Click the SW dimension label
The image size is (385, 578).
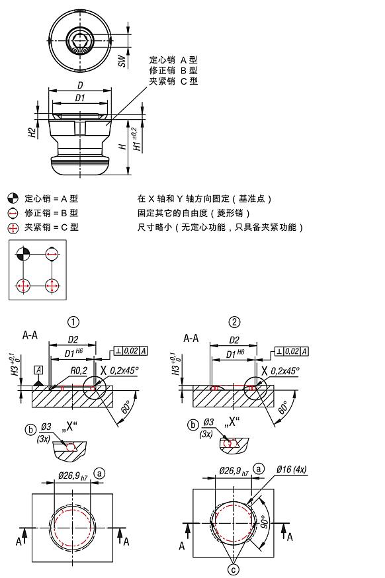122,62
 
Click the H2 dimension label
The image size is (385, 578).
33,133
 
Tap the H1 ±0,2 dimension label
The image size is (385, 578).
137,140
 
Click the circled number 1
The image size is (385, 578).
73,322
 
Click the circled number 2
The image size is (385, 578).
234,322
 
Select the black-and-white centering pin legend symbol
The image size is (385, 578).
13,198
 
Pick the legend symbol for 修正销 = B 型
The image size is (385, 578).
13,213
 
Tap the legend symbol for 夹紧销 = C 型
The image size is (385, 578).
13,227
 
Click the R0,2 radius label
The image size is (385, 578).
79,370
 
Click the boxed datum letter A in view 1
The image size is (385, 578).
38,370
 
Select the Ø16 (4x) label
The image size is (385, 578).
291,470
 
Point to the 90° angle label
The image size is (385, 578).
265,521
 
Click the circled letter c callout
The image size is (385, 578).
234,569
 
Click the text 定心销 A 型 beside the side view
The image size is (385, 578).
173,60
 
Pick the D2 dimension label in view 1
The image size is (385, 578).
73,339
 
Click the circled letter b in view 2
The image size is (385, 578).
193,425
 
